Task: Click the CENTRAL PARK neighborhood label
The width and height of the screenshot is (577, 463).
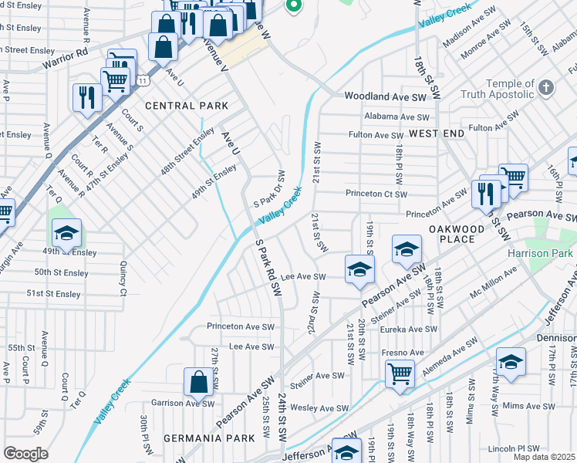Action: (187, 105)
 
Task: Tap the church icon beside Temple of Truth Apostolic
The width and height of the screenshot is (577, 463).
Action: (547, 86)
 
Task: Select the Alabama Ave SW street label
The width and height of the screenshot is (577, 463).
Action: (396, 117)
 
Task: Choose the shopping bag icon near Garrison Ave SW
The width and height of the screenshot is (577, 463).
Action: (198, 382)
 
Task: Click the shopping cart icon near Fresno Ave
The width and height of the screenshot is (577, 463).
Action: (400, 374)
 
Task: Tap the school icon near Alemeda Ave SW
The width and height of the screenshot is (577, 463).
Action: (511, 362)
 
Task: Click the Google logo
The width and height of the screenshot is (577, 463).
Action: (26, 453)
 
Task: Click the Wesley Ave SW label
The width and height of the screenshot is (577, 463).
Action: (323, 407)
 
